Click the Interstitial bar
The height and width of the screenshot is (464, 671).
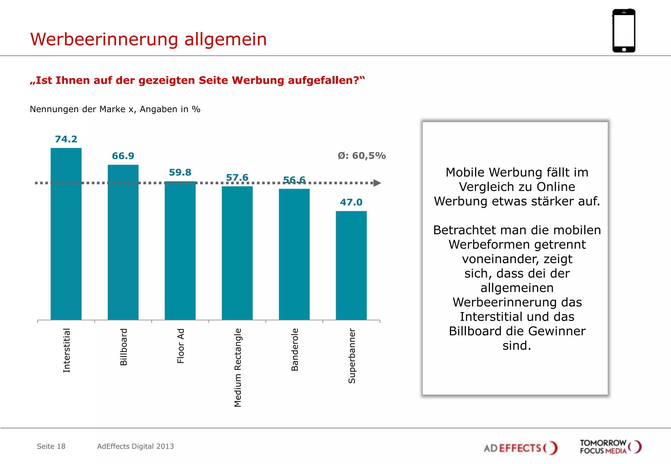66,234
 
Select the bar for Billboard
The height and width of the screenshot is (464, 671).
123,242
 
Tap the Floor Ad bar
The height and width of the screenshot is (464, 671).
180,251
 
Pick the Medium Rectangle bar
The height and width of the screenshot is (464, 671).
237,253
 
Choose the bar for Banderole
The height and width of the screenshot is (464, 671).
294,254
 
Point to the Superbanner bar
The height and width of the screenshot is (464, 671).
351,265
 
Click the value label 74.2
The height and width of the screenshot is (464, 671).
66,139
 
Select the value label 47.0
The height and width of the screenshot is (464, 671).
351,202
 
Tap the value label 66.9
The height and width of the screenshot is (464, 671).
123,156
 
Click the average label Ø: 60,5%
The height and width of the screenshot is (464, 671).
362,155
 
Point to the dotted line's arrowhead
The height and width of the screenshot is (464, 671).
377,183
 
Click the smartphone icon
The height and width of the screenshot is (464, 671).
623,31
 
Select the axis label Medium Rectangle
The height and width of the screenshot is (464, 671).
238,367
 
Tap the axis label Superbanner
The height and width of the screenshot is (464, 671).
352,356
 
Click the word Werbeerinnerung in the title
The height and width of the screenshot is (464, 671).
104,39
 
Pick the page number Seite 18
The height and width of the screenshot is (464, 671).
51,446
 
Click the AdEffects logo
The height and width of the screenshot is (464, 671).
520,447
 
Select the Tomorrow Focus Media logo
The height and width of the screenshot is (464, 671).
610,447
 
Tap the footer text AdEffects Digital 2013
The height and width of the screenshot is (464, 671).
135,446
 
